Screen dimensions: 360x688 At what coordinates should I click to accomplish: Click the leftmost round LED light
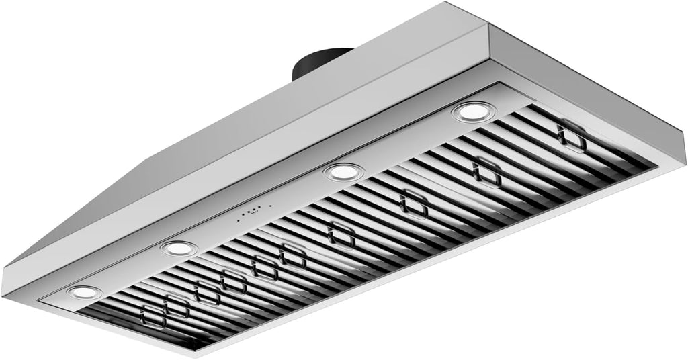coord(85,292)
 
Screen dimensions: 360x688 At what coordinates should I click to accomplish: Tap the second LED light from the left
coord(179,249)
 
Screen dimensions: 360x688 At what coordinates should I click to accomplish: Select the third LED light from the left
coord(343,172)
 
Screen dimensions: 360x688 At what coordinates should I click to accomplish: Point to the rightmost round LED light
coord(474,111)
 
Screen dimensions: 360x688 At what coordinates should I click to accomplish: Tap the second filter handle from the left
coord(177,306)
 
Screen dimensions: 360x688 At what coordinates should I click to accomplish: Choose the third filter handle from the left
coord(206,293)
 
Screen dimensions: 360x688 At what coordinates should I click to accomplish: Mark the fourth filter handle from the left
coord(233,281)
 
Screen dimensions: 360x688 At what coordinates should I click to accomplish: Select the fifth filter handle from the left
coord(264,268)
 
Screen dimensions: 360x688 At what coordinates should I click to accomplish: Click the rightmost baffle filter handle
coord(571,136)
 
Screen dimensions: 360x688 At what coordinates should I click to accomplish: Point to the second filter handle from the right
coord(486,173)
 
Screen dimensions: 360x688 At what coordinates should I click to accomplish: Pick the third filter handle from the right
coord(413,204)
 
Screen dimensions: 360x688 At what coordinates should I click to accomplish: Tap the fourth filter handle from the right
coord(341,234)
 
